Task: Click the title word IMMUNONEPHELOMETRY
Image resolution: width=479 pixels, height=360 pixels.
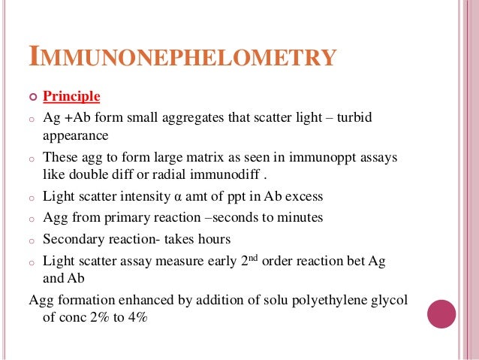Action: click(181, 56)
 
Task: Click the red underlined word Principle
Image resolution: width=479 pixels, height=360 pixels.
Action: click(71, 96)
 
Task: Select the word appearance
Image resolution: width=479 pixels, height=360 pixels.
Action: click(76, 136)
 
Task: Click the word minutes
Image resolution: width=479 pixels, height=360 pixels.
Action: click(298, 218)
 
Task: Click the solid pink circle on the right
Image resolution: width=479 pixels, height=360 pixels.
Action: click(441, 313)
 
